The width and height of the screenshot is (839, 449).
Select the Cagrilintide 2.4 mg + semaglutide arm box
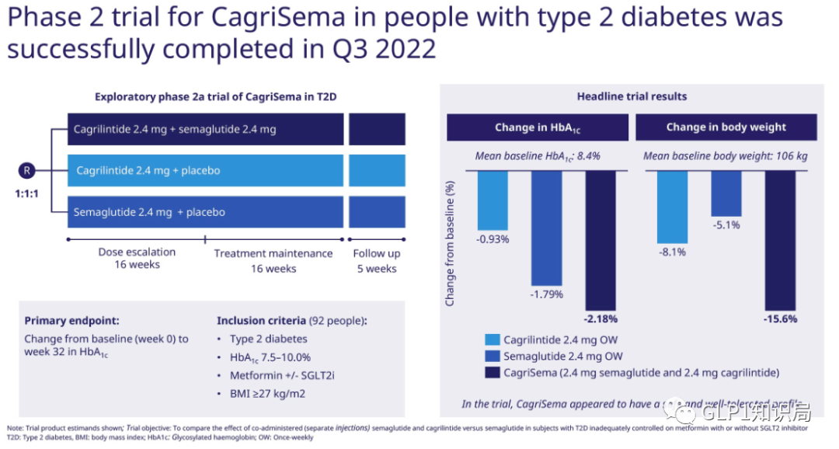tap(206, 130)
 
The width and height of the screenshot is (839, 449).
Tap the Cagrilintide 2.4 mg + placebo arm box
tap(206, 171)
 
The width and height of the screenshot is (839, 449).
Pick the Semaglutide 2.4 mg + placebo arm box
tap(206, 212)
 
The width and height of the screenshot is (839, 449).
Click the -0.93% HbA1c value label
tap(493, 239)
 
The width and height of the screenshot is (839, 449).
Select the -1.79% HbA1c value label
tap(546, 294)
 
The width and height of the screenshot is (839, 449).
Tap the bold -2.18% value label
tap(600, 318)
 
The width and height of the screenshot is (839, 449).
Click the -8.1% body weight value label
tap(672, 252)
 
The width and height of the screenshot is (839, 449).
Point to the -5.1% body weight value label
tap(726, 225)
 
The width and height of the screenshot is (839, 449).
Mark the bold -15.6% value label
tap(780, 318)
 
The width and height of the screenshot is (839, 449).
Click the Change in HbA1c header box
tap(538, 127)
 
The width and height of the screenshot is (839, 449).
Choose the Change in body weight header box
tap(726, 127)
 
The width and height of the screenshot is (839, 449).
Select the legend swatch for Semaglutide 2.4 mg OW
tap(492, 357)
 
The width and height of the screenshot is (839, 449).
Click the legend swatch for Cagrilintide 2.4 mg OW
tap(492, 340)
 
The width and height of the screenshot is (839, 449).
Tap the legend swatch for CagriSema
tap(492, 373)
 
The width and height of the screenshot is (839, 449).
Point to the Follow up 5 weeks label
tap(377, 261)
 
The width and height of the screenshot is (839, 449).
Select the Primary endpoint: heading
tap(72, 320)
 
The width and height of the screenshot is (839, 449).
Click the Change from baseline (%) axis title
tap(450, 243)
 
